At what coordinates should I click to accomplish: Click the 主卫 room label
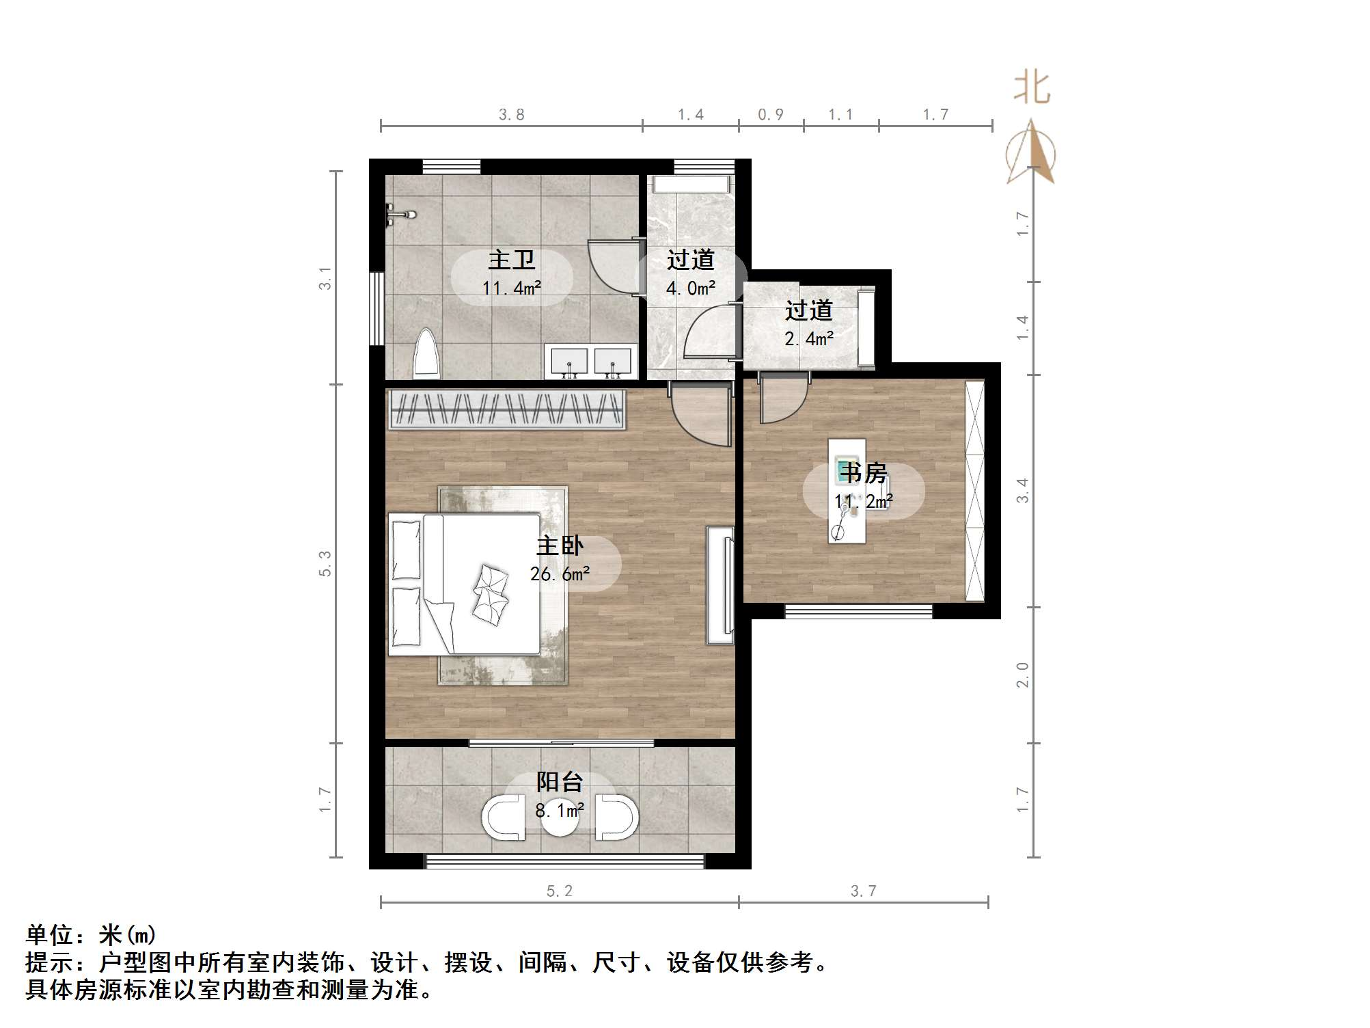pos(511,260)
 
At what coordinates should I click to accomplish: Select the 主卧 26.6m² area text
pos(560,574)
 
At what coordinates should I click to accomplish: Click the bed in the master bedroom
pos(465,584)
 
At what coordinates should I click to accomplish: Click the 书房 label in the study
pos(864,473)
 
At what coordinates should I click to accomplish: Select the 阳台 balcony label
pos(560,781)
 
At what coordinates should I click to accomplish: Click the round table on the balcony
pos(560,820)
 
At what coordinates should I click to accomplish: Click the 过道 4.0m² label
pos(691,273)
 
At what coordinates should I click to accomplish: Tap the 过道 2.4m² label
pos(809,324)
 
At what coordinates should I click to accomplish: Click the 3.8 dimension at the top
pos(511,115)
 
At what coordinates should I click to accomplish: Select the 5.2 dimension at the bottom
pos(560,891)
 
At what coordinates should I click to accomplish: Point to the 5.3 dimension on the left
pos(325,563)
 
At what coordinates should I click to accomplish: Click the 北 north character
pos(1032,89)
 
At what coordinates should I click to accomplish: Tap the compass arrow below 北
pos(1031,154)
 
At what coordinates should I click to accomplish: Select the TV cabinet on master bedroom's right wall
pos(720,585)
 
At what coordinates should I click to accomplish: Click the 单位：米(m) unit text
pos(91,934)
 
